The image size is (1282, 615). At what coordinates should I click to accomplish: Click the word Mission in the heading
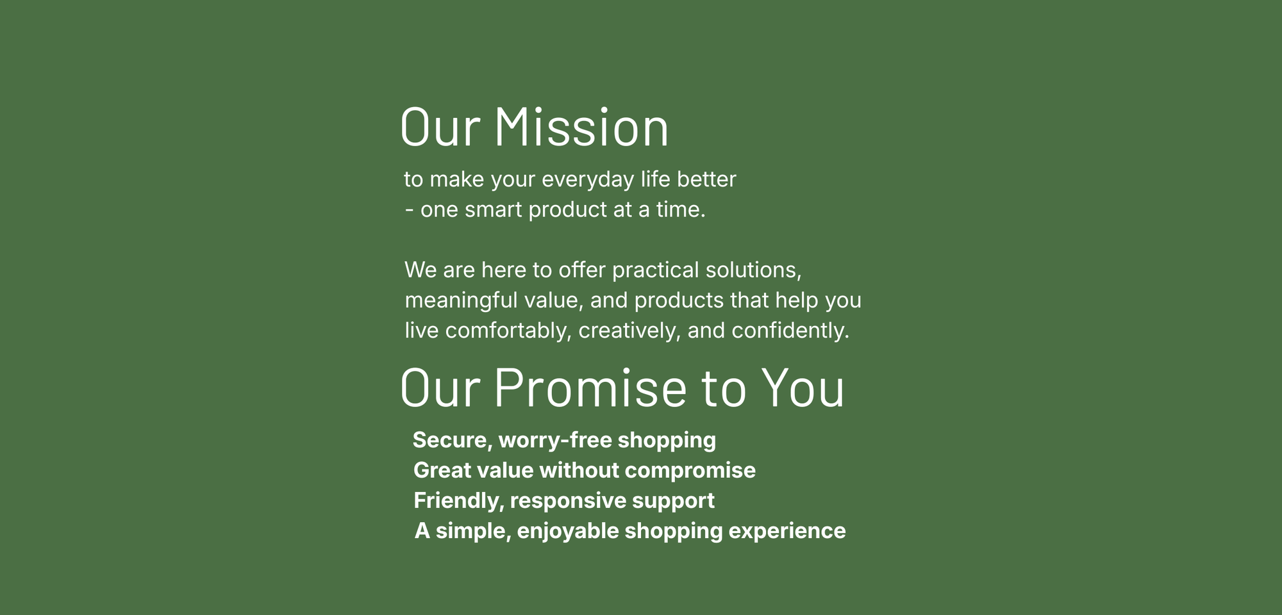coord(581,127)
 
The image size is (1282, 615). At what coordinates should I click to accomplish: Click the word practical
coord(655,271)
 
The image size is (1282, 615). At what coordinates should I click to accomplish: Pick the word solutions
coord(754,270)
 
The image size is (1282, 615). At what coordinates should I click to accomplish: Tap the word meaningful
coord(461,301)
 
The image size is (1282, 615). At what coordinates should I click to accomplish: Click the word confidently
coord(790,331)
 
